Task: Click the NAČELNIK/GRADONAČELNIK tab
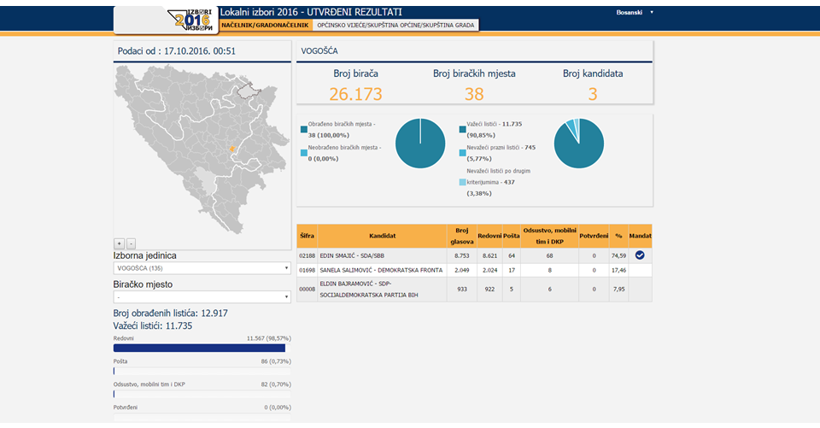(265, 25)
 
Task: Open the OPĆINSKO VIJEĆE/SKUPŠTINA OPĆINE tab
(395, 25)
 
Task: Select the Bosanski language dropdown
(635, 12)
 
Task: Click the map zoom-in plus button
(120, 243)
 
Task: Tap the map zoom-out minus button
(131, 243)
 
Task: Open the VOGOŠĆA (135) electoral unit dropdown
(202, 268)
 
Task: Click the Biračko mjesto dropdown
(202, 296)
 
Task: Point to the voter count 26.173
(355, 94)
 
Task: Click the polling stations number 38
(474, 94)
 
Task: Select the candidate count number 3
(593, 94)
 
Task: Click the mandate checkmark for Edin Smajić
(640, 255)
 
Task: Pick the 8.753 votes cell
(462, 255)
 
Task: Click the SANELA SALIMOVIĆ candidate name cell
(382, 271)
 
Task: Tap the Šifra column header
(307, 236)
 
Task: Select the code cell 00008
(307, 290)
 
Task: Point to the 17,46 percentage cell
(618, 271)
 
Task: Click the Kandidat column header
(383, 236)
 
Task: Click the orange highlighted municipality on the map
(231, 150)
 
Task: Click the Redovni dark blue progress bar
(199, 348)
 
